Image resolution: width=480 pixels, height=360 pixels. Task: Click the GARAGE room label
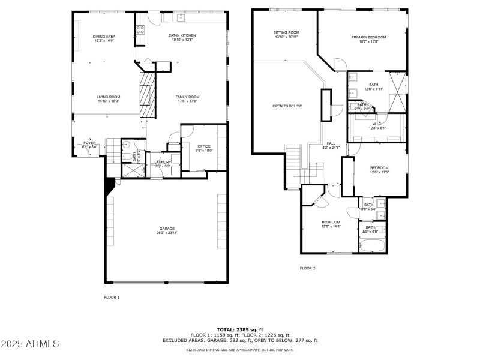point(167,229)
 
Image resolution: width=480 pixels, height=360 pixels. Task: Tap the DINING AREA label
point(104,37)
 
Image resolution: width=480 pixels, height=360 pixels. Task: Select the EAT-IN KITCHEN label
point(182,35)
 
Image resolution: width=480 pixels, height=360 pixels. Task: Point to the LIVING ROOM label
point(109,97)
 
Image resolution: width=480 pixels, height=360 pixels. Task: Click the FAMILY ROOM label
point(187,97)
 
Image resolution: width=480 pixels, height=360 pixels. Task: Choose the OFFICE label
point(204,146)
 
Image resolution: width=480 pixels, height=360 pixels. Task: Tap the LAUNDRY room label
point(163,162)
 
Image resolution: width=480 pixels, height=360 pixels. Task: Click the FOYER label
point(89,143)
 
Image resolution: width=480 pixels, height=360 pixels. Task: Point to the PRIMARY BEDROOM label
point(368,37)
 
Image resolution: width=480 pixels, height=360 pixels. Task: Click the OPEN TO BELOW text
point(287,106)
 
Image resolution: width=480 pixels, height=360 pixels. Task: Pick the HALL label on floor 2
point(331,143)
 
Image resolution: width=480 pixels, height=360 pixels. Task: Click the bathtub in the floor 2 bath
point(373,245)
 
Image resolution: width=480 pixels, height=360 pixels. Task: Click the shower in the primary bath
point(397,92)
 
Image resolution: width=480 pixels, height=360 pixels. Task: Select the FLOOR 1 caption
point(112,297)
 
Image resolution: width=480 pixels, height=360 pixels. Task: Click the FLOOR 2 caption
point(307,268)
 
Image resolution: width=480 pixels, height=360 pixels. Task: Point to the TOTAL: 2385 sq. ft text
point(239,329)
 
